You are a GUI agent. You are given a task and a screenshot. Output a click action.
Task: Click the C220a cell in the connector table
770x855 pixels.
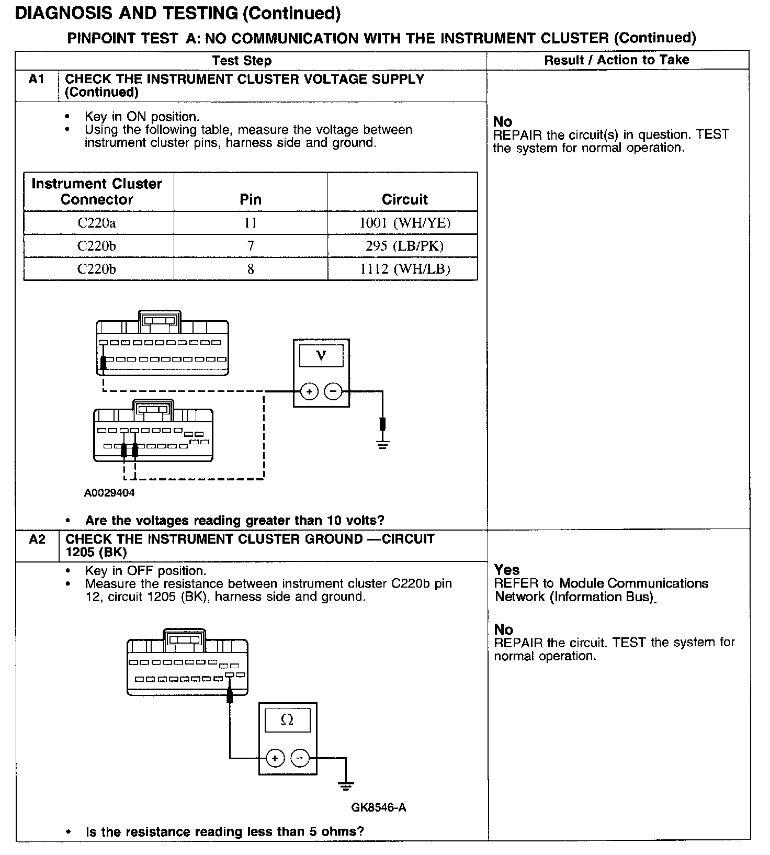click(97, 223)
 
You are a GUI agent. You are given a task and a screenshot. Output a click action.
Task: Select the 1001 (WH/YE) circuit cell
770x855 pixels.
click(404, 223)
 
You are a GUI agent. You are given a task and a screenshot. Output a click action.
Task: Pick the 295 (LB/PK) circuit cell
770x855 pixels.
click(404, 246)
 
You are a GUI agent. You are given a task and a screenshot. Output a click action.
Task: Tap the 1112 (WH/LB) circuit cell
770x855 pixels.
click(404, 269)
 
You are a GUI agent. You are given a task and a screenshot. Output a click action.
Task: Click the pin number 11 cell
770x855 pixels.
click(251, 223)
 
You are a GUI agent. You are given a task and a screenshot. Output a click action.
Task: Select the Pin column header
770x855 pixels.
click(251, 199)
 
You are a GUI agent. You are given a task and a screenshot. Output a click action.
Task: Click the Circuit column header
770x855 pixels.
click(404, 199)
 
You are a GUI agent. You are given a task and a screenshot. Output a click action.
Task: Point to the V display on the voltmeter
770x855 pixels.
click(321, 356)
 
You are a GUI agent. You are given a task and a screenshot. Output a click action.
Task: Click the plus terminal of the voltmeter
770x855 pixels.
click(309, 391)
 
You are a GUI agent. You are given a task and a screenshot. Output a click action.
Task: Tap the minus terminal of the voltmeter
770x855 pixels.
click(333, 391)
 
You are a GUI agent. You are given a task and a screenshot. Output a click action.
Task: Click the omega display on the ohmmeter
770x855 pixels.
click(287, 721)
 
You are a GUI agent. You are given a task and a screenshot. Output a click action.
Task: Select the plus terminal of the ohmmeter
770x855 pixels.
click(275, 758)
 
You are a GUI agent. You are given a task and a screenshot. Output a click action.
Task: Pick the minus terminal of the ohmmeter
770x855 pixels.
click(300, 758)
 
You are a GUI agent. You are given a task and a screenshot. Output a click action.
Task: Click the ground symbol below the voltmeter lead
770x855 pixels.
click(383, 445)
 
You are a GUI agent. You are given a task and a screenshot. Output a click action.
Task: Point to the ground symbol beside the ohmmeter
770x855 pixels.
click(345, 785)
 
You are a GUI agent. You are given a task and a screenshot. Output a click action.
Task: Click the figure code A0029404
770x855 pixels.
click(109, 493)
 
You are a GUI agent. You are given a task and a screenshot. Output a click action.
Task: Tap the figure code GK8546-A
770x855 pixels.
click(379, 807)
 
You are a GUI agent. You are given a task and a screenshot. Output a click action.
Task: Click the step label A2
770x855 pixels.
click(37, 539)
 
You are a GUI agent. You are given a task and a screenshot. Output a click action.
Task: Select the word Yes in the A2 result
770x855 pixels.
click(507, 570)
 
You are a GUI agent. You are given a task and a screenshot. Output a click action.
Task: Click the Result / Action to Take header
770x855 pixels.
click(617, 60)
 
